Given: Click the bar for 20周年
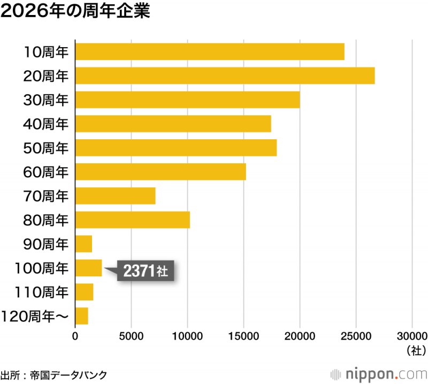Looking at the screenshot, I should [225, 76].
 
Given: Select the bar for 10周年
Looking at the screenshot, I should [210, 51].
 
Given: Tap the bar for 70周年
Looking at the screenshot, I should [115, 196].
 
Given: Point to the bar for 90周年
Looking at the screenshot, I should [83, 244].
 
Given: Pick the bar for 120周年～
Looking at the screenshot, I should [81, 316].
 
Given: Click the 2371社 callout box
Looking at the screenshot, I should [146, 271].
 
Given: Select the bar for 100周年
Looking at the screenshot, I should [88, 268].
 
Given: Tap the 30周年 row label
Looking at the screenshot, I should [47, 100].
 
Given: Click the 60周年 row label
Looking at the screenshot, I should [47, 172].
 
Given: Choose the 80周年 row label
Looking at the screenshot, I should [47, 220].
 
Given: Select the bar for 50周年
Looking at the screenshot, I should [176, 148].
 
